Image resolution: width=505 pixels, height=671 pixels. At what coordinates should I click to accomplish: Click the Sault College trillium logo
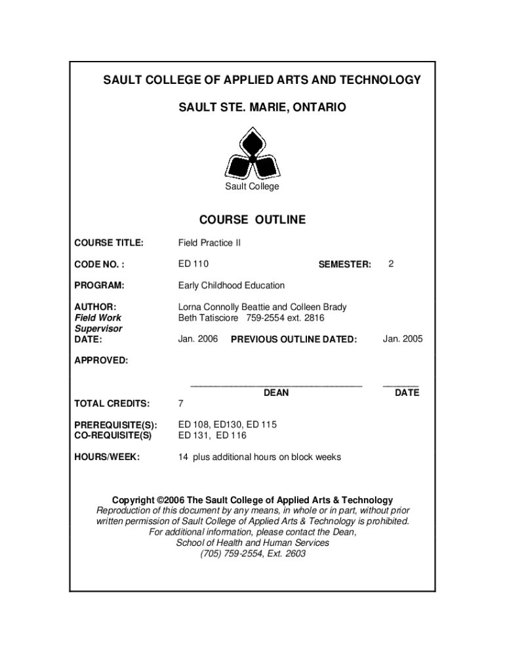coord(253,155)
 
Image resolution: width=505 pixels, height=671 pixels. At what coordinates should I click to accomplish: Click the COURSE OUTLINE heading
coord(253,220)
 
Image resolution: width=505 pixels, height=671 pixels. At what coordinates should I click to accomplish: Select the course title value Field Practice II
coord(209,243)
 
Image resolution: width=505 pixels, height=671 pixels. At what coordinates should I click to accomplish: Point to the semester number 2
coord(391,264)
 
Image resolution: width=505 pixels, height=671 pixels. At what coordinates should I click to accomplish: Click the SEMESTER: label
coord(344,265)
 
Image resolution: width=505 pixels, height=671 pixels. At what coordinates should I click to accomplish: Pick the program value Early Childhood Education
coord(232,286)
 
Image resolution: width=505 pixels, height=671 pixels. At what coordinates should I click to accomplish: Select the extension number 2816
coord(313,318)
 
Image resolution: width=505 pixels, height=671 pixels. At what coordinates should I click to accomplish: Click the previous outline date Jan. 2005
coord(403,339)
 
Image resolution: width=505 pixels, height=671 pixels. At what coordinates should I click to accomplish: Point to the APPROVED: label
coord(101,360)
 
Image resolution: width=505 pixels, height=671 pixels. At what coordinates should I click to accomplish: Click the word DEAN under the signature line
coord(276,393)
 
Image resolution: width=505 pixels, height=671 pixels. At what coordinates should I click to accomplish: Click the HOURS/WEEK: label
coord(107,457)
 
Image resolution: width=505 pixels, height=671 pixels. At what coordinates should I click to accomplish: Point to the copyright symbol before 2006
coord(159,500)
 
